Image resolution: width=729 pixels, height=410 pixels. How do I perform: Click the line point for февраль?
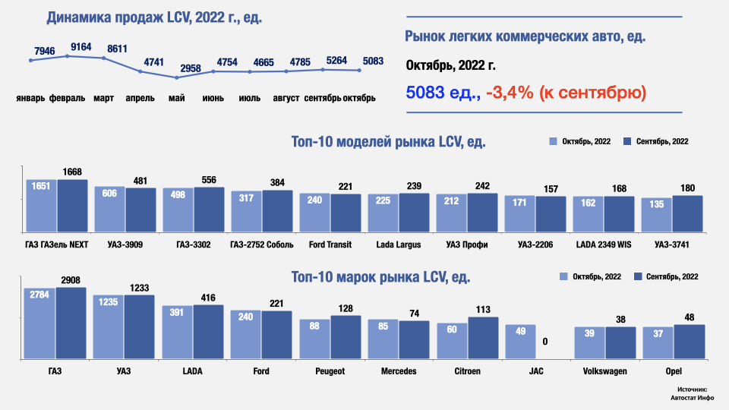tap(68, 56)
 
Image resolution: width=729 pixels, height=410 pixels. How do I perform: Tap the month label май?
tap(177, 98)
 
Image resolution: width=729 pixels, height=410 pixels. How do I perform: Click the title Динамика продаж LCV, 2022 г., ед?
tap(154, 17)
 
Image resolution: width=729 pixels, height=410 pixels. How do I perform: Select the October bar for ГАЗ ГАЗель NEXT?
tap(42, 206)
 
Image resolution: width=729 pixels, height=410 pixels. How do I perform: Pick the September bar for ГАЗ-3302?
tap(209, 210)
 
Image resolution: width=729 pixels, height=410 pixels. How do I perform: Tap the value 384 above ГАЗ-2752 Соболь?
tap(277, 183)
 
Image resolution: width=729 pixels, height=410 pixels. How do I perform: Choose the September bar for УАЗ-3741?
tap(687, 213)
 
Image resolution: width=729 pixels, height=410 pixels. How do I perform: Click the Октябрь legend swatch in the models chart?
tap(554, 142)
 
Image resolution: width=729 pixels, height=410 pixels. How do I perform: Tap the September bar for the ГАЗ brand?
tap(71, 323)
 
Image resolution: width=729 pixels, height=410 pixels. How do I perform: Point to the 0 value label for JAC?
tap(544, 342)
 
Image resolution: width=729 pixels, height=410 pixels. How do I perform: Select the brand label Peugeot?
tap(330, 371)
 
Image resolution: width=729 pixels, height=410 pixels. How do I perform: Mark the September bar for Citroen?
tap(483, 338)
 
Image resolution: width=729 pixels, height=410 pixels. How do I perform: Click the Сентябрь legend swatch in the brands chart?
tap(638, 277)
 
